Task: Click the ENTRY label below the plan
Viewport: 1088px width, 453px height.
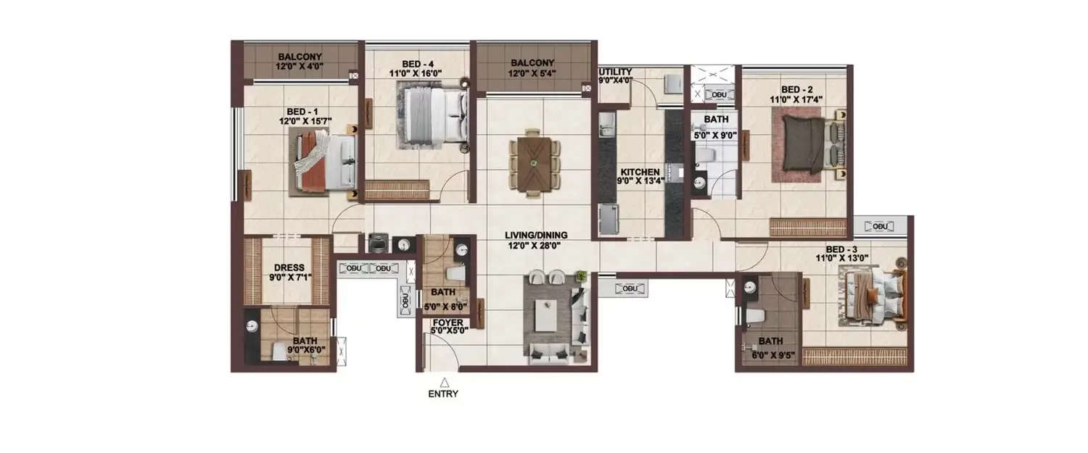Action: [444, 394]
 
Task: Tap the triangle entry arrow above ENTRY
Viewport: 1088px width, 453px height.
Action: [444, 382]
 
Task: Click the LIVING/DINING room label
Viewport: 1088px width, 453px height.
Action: [537, 235]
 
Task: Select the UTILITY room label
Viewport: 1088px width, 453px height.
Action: [615, 72]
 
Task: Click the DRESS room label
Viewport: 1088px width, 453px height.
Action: [289, 267]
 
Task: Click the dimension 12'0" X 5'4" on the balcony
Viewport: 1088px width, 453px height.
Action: [531, 72]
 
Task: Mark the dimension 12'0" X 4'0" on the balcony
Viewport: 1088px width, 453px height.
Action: [300, 66]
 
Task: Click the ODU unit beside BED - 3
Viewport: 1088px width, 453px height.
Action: [881, 226]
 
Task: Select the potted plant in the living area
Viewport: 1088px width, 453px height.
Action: [580, 275]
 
